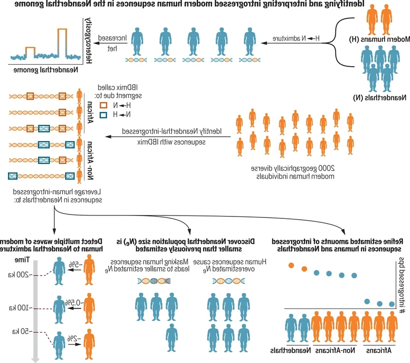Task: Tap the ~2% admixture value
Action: [72, 339]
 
